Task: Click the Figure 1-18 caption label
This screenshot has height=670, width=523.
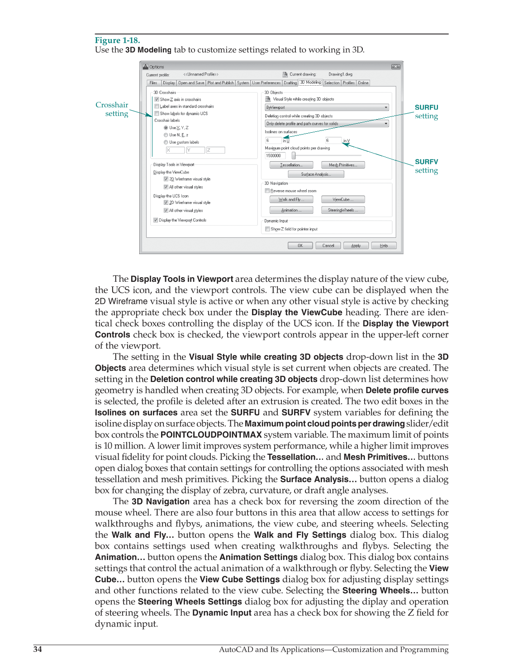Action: point(117,40)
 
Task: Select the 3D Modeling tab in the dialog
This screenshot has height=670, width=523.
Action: point(310,82)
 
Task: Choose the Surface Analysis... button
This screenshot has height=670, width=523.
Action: point(316,174)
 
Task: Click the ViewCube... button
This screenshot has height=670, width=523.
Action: point(342,199)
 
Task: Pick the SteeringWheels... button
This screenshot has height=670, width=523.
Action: point(342,210)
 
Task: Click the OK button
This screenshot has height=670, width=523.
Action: point(300,246)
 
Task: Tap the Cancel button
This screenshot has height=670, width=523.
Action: point(328,246)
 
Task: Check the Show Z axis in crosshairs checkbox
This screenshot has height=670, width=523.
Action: point(157,99)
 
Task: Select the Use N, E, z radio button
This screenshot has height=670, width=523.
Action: point(166,135)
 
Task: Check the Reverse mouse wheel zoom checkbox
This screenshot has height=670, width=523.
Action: point(267,191)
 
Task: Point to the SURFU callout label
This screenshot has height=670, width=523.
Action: point(426,107)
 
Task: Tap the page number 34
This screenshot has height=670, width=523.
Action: point(38,649)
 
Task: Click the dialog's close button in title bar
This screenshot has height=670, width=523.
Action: point(395,67)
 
